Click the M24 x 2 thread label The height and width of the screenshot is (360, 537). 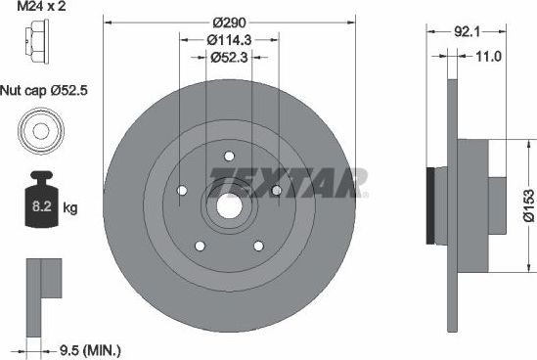click(39, 9)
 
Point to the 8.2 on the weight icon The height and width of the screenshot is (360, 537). click(32, 206)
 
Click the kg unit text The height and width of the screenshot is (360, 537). click(69, 207)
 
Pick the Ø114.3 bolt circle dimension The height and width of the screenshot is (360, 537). click(229, 40)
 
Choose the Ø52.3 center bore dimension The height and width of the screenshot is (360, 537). click(229, 58)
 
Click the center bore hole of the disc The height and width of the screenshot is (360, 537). click(228, 205)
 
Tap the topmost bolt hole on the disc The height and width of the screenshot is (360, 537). click(228, 156)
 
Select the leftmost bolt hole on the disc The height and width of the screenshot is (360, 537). click(182, 191)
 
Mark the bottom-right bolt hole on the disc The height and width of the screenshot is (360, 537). click(257, 246)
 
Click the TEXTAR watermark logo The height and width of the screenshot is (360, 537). click(289, 180)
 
